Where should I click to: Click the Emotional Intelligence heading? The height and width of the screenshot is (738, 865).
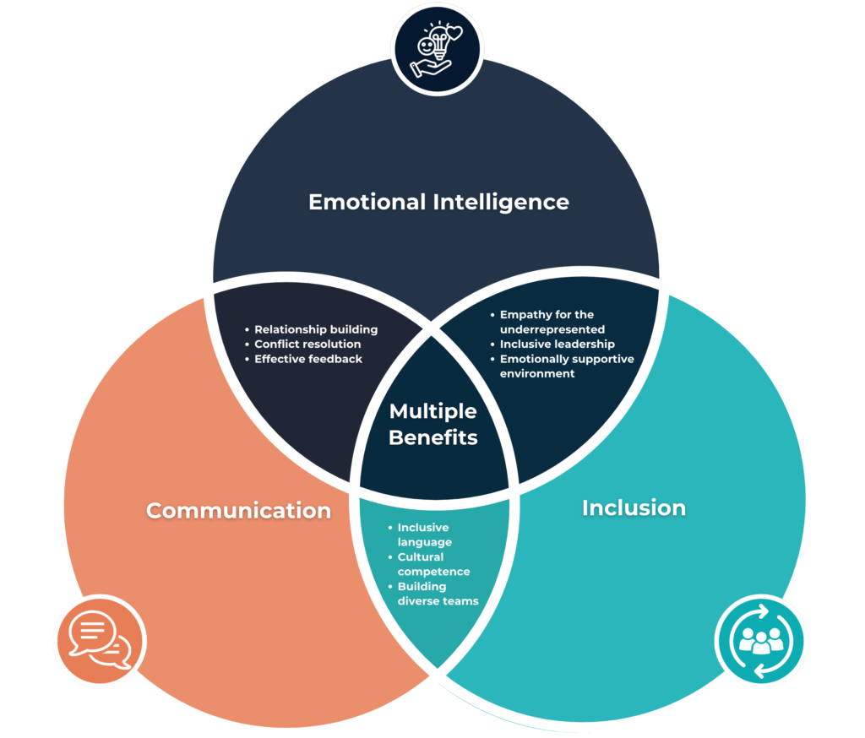point(438,203)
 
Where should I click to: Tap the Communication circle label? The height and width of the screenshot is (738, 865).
point(238,510)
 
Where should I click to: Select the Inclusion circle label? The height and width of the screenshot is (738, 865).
point(634,507)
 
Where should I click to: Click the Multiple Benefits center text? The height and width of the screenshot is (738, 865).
point(433,425)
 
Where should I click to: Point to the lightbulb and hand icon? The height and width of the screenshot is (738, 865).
point(438,51)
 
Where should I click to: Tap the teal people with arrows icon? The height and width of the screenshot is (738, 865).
point(760,641)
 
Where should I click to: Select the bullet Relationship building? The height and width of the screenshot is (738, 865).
point(316,329)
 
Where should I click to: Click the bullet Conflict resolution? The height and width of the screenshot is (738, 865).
point(307,345)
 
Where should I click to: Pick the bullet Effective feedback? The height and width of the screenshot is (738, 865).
point(308,359)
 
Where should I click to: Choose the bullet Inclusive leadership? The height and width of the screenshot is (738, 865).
point(557,345)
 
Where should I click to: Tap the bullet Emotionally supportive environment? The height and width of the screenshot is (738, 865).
point(566,366)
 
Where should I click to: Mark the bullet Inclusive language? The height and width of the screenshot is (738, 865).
point(425,535)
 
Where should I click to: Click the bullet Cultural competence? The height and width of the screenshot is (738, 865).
point(433,564)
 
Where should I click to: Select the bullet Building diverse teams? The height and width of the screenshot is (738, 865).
point(438,594)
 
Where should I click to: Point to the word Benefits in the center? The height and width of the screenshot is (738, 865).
point(433,438)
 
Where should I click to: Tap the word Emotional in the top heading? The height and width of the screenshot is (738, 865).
point(367,203)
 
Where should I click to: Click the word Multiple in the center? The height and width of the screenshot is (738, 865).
point(433,411)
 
